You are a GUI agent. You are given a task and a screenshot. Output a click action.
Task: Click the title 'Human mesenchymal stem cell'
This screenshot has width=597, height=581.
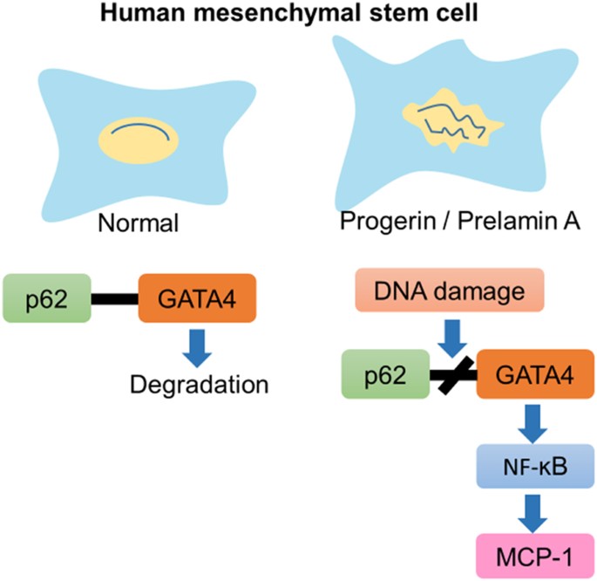click(x=299, y=15)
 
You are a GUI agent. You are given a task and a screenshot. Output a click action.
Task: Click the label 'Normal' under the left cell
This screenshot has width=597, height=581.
click(x=139, y=222)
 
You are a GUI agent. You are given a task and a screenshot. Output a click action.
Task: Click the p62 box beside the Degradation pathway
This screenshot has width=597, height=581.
click(x=48, y=298)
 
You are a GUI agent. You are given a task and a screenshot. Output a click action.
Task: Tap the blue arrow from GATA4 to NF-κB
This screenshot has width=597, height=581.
click(x=527, y=423)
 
